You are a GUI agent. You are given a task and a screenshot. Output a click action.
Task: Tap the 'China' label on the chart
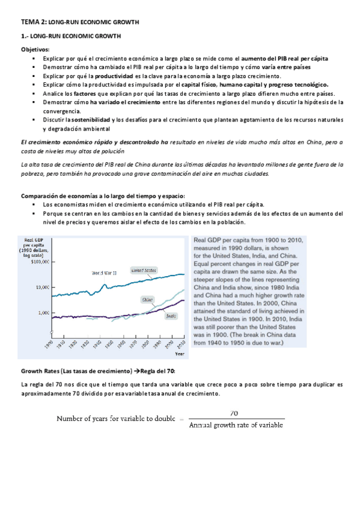point(147,299)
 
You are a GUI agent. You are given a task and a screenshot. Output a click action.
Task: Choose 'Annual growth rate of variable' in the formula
point(236,425)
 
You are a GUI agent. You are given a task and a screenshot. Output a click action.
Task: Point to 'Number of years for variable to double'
point(117,419)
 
